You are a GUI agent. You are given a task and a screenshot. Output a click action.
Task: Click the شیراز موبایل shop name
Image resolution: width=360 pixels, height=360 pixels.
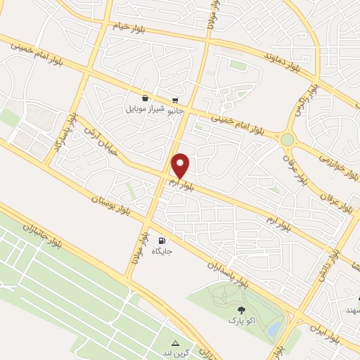coord(144,110)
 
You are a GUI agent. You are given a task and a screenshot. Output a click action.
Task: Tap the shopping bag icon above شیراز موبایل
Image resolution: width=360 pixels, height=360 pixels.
coord(144,99)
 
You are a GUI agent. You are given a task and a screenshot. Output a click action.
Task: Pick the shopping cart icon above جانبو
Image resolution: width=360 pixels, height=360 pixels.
coord(174,101)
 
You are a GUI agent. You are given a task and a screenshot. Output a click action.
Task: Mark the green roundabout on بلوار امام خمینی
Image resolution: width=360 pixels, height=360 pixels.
coord(287,139)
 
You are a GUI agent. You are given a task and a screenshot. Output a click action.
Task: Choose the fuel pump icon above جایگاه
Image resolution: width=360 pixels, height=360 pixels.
coord(163,240)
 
